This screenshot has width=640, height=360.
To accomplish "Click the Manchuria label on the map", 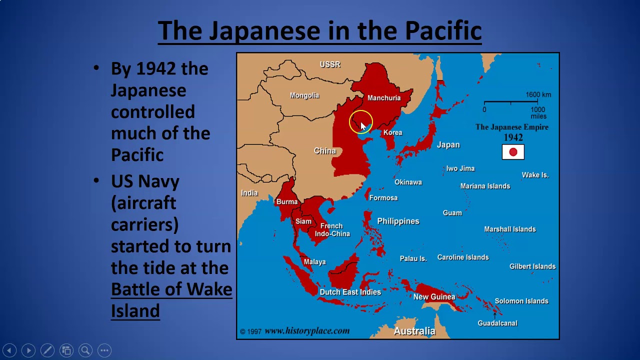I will pyautogui.click(x=384, y=98).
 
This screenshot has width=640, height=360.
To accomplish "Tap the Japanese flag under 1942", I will pyautogui.click(x=513, y=152).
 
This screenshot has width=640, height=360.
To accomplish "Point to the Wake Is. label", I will pyautogui.click(x=535, y=175).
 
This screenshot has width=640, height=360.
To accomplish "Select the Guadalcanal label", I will pyautogui.click(x=497, y=323).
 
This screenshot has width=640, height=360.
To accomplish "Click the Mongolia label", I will pyautogui.click(x=304, y=95).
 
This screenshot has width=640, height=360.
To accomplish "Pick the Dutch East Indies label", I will pyautogui.click(x=350, y=292).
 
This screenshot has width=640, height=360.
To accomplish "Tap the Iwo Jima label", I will pyautogui.click(x=460, y=168).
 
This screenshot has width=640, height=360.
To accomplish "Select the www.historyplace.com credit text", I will pyautogui.click(x=306, y=331).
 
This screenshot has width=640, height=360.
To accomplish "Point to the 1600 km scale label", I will pyautogui.click(x=538, y=95).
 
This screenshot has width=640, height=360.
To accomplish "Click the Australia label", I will pyautogui.click(x=414, y=331).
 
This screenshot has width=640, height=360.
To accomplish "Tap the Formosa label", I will pyautogui.click(x=383, y=198).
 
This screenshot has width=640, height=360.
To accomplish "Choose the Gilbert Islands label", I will pyautogui.click(x=532, y=266).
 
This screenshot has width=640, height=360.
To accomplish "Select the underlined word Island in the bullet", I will pyautogui.click(x=135, y=310).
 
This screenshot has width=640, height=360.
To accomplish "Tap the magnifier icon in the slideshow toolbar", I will pyautogui.click(x=85, y=350).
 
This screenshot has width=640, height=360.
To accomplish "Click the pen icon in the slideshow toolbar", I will pyautogui.click(x=47, y=350).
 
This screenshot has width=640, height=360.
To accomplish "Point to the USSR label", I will pyautogui.click(x=330, y=64).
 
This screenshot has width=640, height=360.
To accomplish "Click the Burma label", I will pyautogui.click(x=286, y=202).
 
